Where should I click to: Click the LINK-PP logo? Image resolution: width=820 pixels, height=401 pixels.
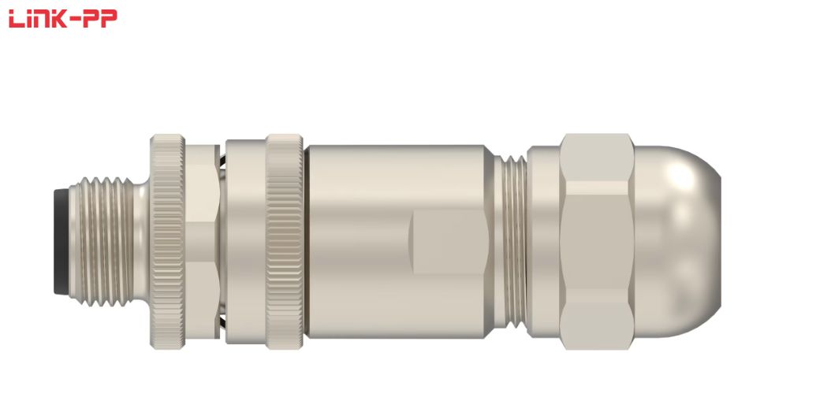[63, 18]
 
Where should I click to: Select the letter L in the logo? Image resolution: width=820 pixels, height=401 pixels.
[17, 18]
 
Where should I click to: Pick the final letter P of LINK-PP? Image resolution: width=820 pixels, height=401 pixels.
[110, 18]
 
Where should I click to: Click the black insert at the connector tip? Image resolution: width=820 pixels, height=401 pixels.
[61, 241]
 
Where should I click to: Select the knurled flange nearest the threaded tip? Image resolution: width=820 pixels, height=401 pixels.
[167, 242]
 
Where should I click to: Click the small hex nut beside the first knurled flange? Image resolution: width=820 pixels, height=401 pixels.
[202, 242]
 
